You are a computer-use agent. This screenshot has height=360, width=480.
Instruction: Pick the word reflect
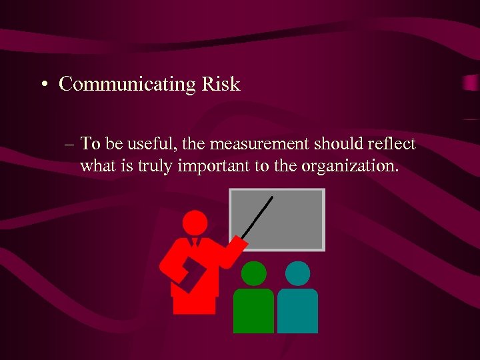pos(392,143)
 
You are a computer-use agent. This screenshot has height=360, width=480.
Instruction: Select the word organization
pos(351,166)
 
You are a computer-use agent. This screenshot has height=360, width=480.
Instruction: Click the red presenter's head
pos(195,223)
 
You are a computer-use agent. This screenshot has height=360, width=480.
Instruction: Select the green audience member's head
pos(253,273)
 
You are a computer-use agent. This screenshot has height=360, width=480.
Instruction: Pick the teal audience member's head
pos(297,273)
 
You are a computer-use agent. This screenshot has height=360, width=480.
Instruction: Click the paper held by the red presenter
pos(189,273)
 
